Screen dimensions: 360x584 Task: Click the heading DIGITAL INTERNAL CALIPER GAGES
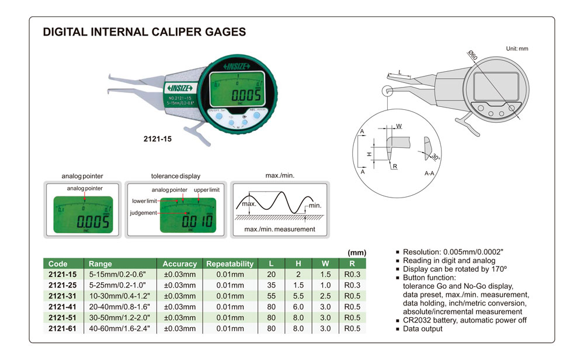point(145,33)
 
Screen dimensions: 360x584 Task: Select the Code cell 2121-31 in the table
point(63,295)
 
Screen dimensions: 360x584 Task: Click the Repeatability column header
point(230,264)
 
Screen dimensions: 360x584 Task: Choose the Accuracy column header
point(180,264)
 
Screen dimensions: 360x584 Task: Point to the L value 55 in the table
point(271,295)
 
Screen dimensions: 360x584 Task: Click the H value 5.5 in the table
point(298,295)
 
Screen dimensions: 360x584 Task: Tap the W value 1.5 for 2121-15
point(325,274)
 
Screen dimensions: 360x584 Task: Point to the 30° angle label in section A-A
point(436,157)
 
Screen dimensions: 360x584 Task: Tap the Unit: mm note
point(516,49)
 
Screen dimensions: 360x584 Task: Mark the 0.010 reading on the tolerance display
point(192,221)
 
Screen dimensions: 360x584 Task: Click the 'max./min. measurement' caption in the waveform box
point(279,229)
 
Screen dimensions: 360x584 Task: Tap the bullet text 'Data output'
point(423,329)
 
